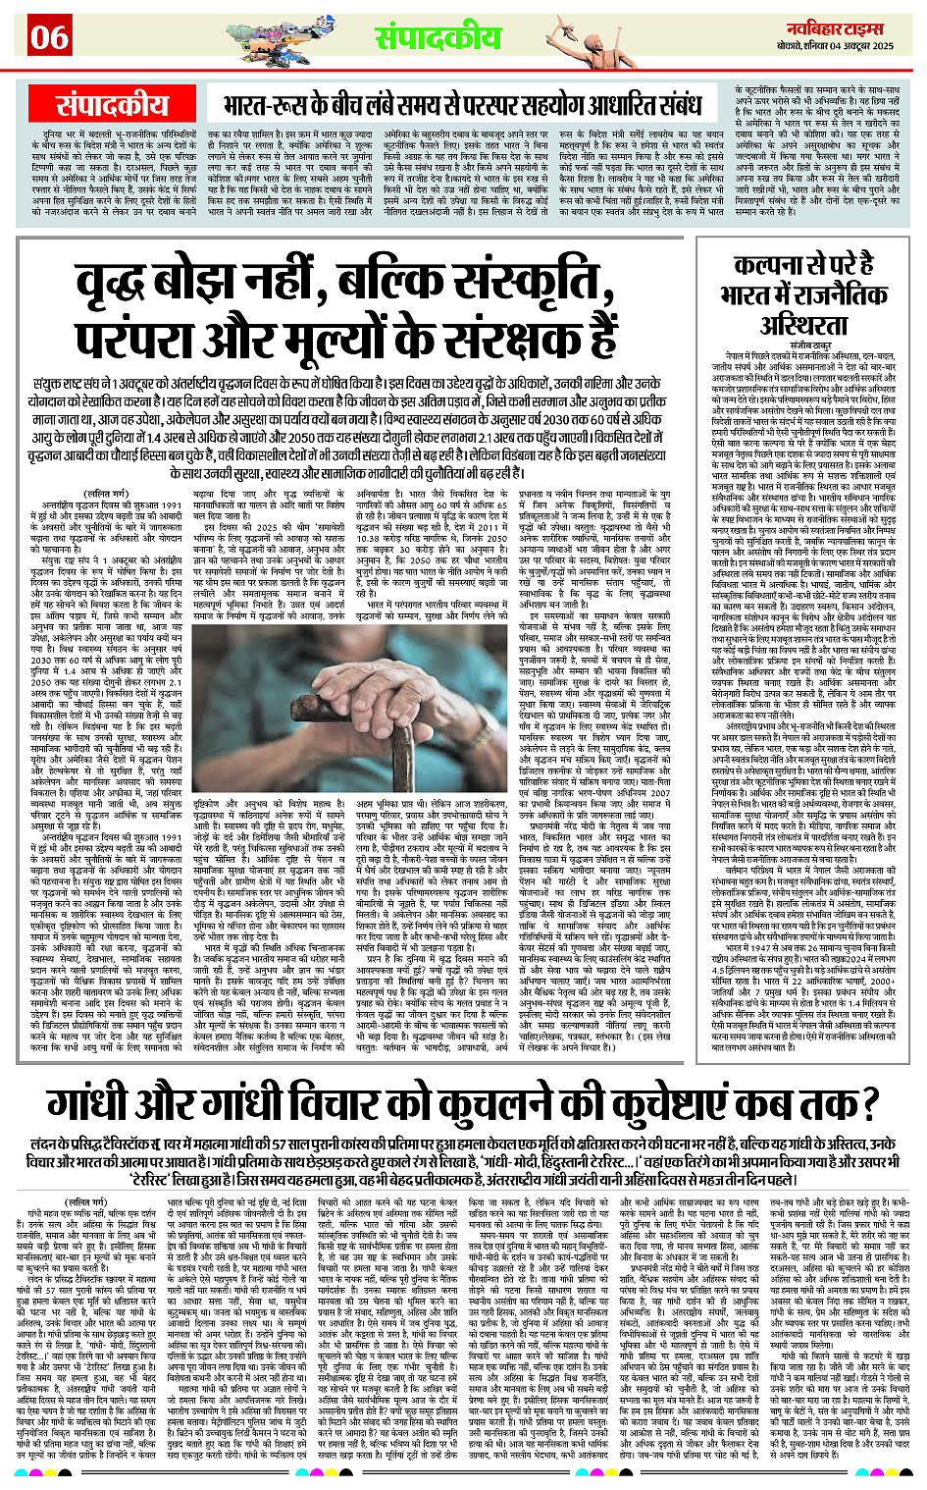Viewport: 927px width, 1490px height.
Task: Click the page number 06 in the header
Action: pyautogui.click(x=48, y=37)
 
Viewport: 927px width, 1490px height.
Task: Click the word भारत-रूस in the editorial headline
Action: pyautogui.click(x=264, y=105)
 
